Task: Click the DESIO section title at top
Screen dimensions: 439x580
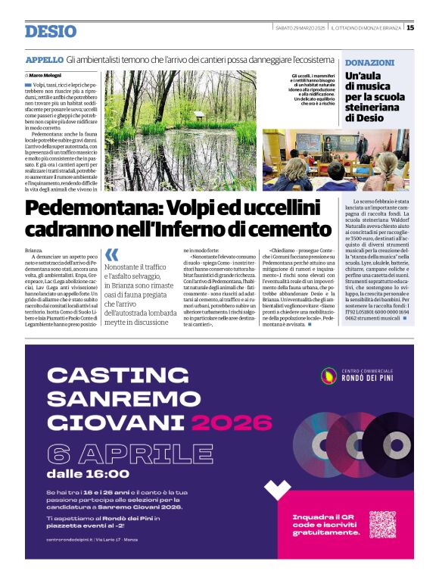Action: point(51,31)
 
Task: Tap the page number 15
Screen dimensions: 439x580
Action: point(409,28)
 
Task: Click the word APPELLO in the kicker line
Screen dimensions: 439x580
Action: point(44,59)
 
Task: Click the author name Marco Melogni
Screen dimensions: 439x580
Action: point(46,76)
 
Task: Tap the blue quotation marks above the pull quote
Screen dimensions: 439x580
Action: point(111,254)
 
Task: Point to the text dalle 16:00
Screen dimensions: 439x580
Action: point(88,474)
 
